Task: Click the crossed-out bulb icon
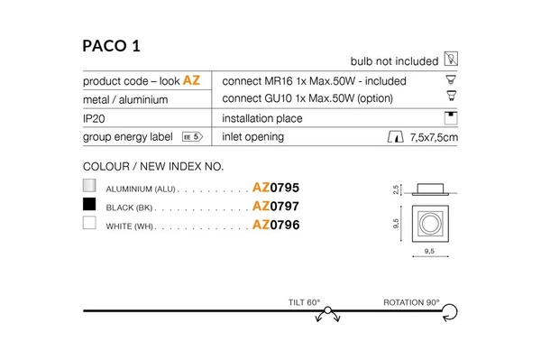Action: pos(453,60)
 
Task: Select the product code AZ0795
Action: pos(275,189)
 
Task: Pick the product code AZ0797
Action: pos(275,207)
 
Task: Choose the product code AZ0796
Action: pos(275,225)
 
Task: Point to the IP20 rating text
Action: pos(96,118)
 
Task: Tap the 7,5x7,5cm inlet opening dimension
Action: pos(434,138)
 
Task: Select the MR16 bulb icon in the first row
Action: pos(453,80)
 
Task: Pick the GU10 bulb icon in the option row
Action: pos(453,98)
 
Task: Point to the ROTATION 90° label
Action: pos(412,302)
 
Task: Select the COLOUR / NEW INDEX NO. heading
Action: pos(152,167)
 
